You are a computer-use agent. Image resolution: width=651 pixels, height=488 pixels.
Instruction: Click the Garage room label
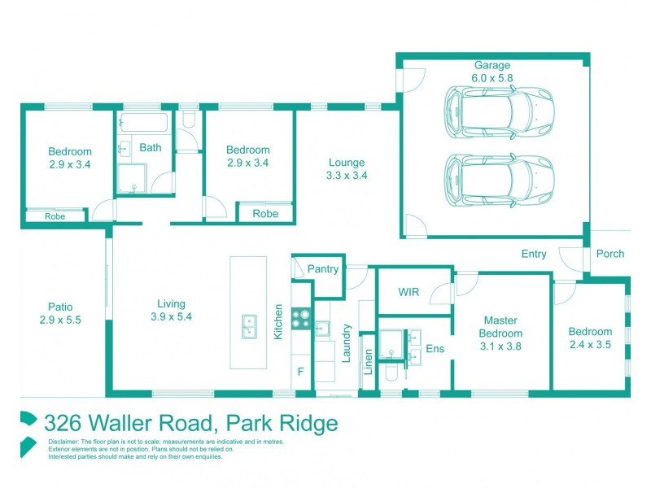click(x=493, y=66)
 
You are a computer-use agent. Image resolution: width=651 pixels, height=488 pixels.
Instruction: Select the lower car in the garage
click(x=498, y=179)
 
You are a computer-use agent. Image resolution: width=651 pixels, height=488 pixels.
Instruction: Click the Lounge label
click(x=347, y=162)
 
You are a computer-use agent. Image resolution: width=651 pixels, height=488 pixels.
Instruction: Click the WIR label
click(x=409, y=292)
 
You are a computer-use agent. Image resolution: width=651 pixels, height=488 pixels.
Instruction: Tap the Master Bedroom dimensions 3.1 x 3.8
click(x=501, y=346)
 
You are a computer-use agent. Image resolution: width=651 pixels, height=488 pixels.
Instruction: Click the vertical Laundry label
click(x=347, y=345)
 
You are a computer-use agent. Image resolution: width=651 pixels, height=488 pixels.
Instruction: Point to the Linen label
click(x=368, y=362)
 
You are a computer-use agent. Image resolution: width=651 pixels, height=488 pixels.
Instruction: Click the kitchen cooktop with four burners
click(x=300, y=318)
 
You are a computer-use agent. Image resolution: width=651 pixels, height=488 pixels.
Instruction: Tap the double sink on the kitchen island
click(x=248, y=326)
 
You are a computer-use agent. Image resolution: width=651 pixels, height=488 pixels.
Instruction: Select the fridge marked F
click(x=299, y=372)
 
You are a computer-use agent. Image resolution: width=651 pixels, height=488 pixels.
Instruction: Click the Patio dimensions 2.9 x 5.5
click(x=59, y=320)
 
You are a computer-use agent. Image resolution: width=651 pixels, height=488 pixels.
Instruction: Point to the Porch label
click(x=609, y=254)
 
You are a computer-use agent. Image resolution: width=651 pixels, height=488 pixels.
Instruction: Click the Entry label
click(x=534, y=254)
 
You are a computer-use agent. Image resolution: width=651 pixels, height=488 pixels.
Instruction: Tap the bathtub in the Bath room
click(x=144, y=124)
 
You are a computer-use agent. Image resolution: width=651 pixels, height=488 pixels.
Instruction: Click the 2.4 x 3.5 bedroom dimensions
click(x=590, y=344)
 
